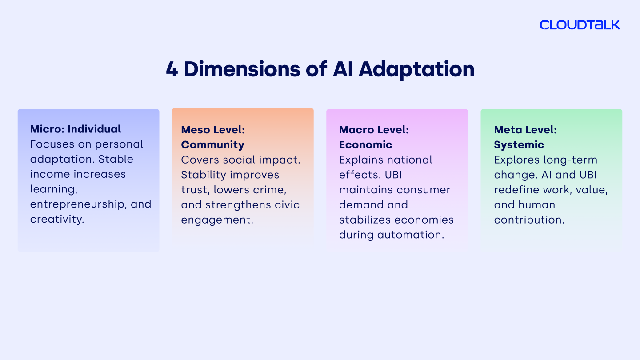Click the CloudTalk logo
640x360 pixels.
pyautogui.click(x=580, y=25)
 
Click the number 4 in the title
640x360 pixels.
pyautogui.click(x=172, y=69)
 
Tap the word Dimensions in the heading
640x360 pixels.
pyautogui.click(x=242, y=69)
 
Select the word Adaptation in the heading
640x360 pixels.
pyautogui.click(x=416, y=70)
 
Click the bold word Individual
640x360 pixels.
pyautogui.click(x=94, y=129)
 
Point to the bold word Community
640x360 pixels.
pyautogui.click(x=212, y=145)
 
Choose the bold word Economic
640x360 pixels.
pyautogui.click(x=365, y=145)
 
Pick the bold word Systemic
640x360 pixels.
pyautogui.click(x=519, y=145)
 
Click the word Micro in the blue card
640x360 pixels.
pyautogui.click(x=47, y=129)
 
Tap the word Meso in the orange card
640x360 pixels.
pyautogui.click(x=196, y=130)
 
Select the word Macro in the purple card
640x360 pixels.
pyautogui.click(x=356, y=130)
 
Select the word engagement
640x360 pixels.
pyautogui.click(x=217, y=220)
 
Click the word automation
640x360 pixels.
pyautogui.click(x=411, y=235)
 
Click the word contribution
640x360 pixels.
pyautogui.click(x=529, y=220)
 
